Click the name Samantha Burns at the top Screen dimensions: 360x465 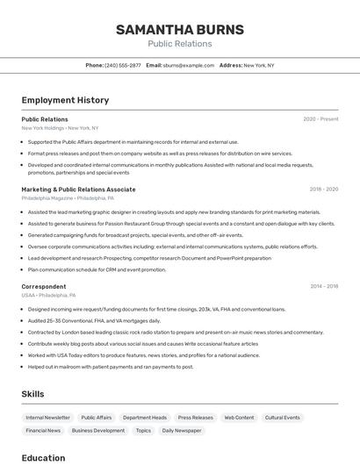click(179, 30)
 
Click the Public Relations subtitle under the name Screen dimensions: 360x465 click(179, 44)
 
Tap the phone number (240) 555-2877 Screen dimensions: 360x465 click(122, 65)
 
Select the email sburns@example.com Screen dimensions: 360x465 click(188, 65)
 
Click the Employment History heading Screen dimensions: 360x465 click(65, 100)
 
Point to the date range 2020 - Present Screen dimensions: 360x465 click(320, 119)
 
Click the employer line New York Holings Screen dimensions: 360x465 click(60, 128)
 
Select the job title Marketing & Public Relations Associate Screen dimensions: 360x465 click(78, 190)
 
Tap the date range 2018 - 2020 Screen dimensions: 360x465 click(323, 190)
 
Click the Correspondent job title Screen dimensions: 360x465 click(43, 287)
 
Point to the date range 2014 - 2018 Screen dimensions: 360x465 click(323, 287)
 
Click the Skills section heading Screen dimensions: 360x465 click(32, 394)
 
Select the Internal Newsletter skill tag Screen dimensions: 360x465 click(47, 418)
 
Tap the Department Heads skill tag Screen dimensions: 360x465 click(145, 418)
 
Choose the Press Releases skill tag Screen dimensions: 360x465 click(195, 418)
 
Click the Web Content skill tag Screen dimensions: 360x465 click(239, 418)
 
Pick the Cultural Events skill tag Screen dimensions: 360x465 click(283, 418)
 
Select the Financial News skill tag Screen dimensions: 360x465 click(43, 431)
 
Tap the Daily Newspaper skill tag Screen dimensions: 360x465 click(181, 431)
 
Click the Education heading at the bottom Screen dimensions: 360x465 click(43, 458)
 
